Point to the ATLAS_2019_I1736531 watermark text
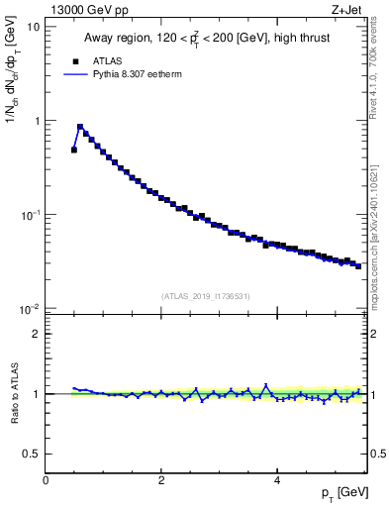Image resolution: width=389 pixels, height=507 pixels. click(x=206, y=296)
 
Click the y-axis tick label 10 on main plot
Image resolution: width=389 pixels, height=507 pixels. click(x=32, y=27)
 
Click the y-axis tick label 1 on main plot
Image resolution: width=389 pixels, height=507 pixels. click(x=36, y=121)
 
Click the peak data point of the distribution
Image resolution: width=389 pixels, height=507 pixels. click(x=80, y=127)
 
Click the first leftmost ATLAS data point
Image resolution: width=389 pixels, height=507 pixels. click(x=74, y=150)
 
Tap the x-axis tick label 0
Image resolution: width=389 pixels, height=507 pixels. click(x=47, y=480)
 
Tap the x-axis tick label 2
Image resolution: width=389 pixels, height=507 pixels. click(x=161, y=480)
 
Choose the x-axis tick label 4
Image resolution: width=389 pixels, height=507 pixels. click(x=277, y=480)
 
